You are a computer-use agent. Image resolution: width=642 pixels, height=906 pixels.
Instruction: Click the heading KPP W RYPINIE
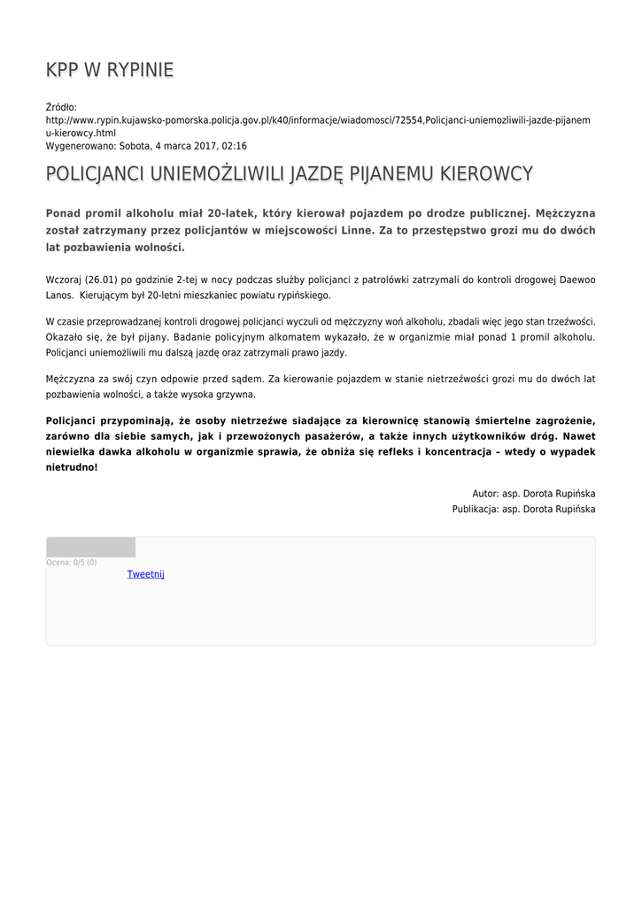110,71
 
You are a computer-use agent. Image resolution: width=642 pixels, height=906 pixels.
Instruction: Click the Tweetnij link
145,574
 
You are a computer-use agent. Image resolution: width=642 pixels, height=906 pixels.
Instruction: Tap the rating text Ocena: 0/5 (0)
72,563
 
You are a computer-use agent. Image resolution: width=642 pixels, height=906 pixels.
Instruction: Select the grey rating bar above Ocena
90,547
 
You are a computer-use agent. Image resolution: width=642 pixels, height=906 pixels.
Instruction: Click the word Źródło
61,107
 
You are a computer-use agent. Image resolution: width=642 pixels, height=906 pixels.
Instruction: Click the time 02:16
235,146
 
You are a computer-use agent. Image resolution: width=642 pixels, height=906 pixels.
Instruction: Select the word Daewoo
575,280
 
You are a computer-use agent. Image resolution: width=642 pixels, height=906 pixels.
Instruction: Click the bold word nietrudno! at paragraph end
72,466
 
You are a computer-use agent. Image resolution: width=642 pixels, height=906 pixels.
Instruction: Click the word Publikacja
474,509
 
